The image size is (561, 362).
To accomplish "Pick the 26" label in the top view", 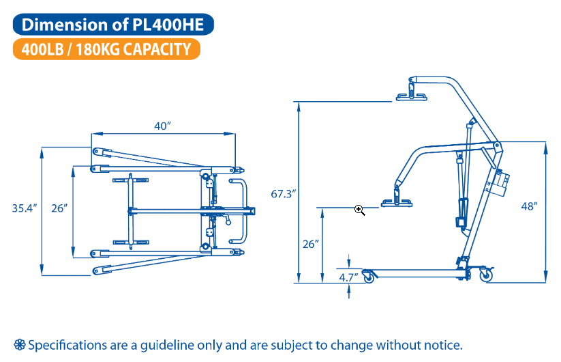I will pyautogui.click(x=59, y=208).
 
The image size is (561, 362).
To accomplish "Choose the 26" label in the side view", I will pyautogui.click(x=310, y=243).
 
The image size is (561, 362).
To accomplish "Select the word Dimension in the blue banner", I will pyautogui.click(x=62, y=25).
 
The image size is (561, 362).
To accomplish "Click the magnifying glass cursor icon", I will pyautogui.click(x=360, y=210).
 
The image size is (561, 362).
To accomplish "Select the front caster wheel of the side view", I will pyautogui.click(x=370, y=277).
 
